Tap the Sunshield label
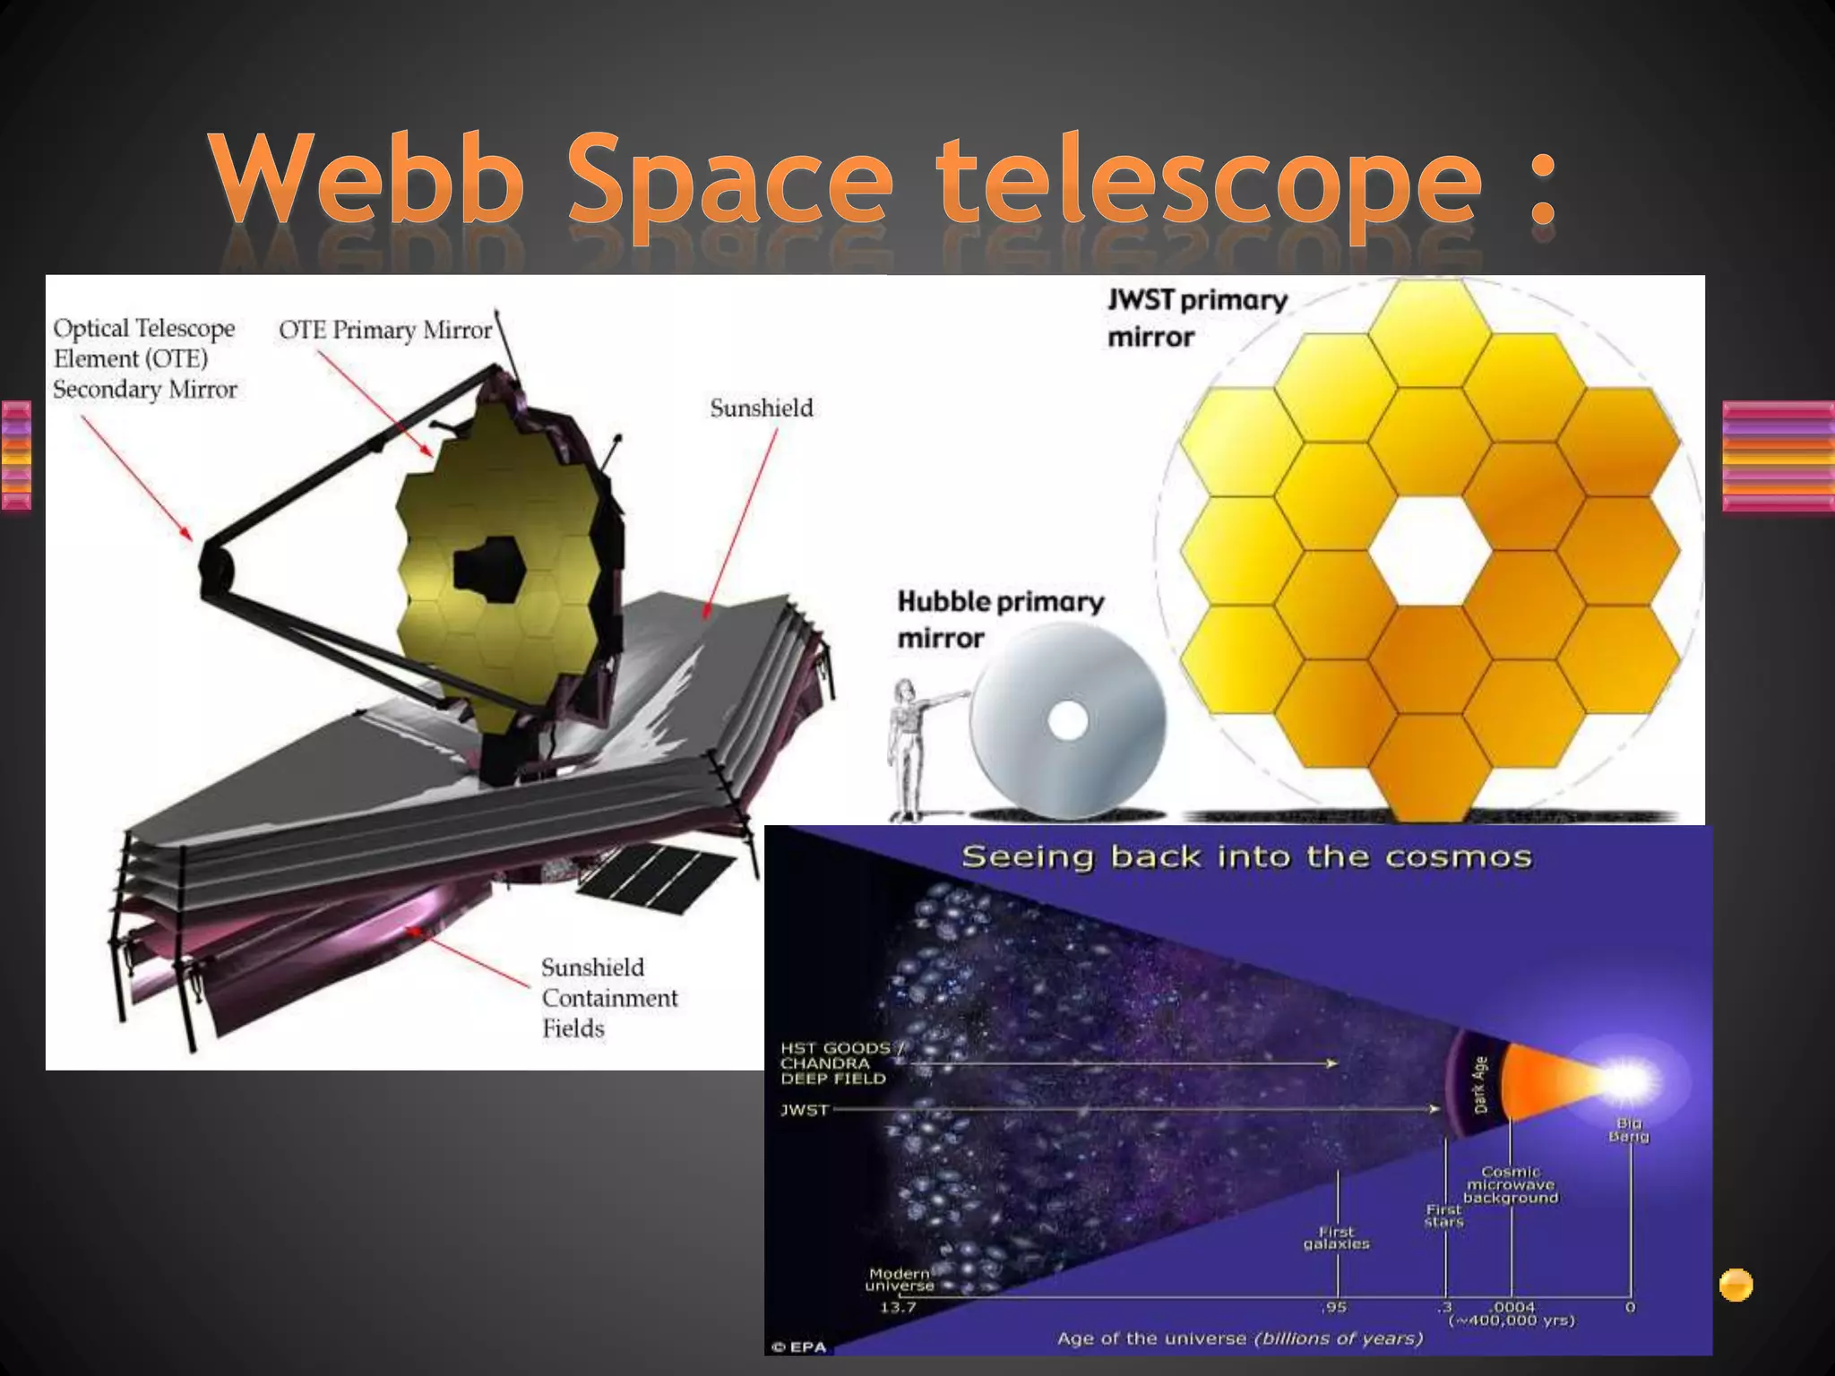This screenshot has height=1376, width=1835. tap(762, 408)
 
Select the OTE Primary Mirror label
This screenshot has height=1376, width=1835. tap(385, 331)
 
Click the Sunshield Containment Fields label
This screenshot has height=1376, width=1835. tap(609, 998)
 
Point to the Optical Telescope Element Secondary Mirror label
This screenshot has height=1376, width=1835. tap(144, 358)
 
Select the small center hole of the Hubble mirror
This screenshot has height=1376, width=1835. tap(1067, 722)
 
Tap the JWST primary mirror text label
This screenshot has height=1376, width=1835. tap(1196, 318)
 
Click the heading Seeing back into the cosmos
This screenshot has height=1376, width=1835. tap(1246, 857)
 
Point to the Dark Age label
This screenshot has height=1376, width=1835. tap(1480, 1085)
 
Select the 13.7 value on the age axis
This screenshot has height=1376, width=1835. tap(898, 1307)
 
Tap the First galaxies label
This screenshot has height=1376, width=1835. tap(1336, 1238)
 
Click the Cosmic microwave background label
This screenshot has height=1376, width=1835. tap(1511, 1184)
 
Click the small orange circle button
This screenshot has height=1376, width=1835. tap(1736, 1285)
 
